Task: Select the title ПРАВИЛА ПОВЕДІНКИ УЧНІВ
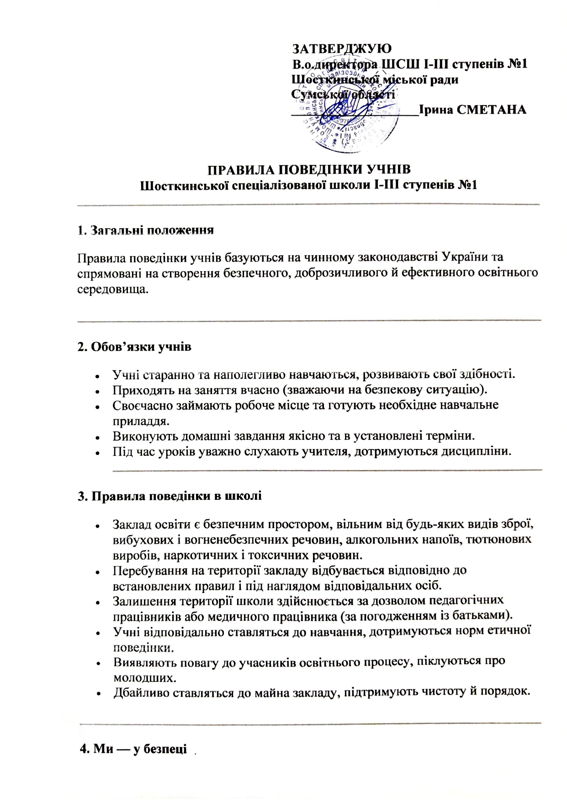(x=309, y=170)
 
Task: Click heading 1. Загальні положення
(x=146, y=230)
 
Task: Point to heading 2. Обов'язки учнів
(x=134, y=347)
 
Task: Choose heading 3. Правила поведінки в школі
(x=170, y=496)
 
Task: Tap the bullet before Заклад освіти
(x=97, y=526)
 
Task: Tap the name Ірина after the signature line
(x=433, y=110)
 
